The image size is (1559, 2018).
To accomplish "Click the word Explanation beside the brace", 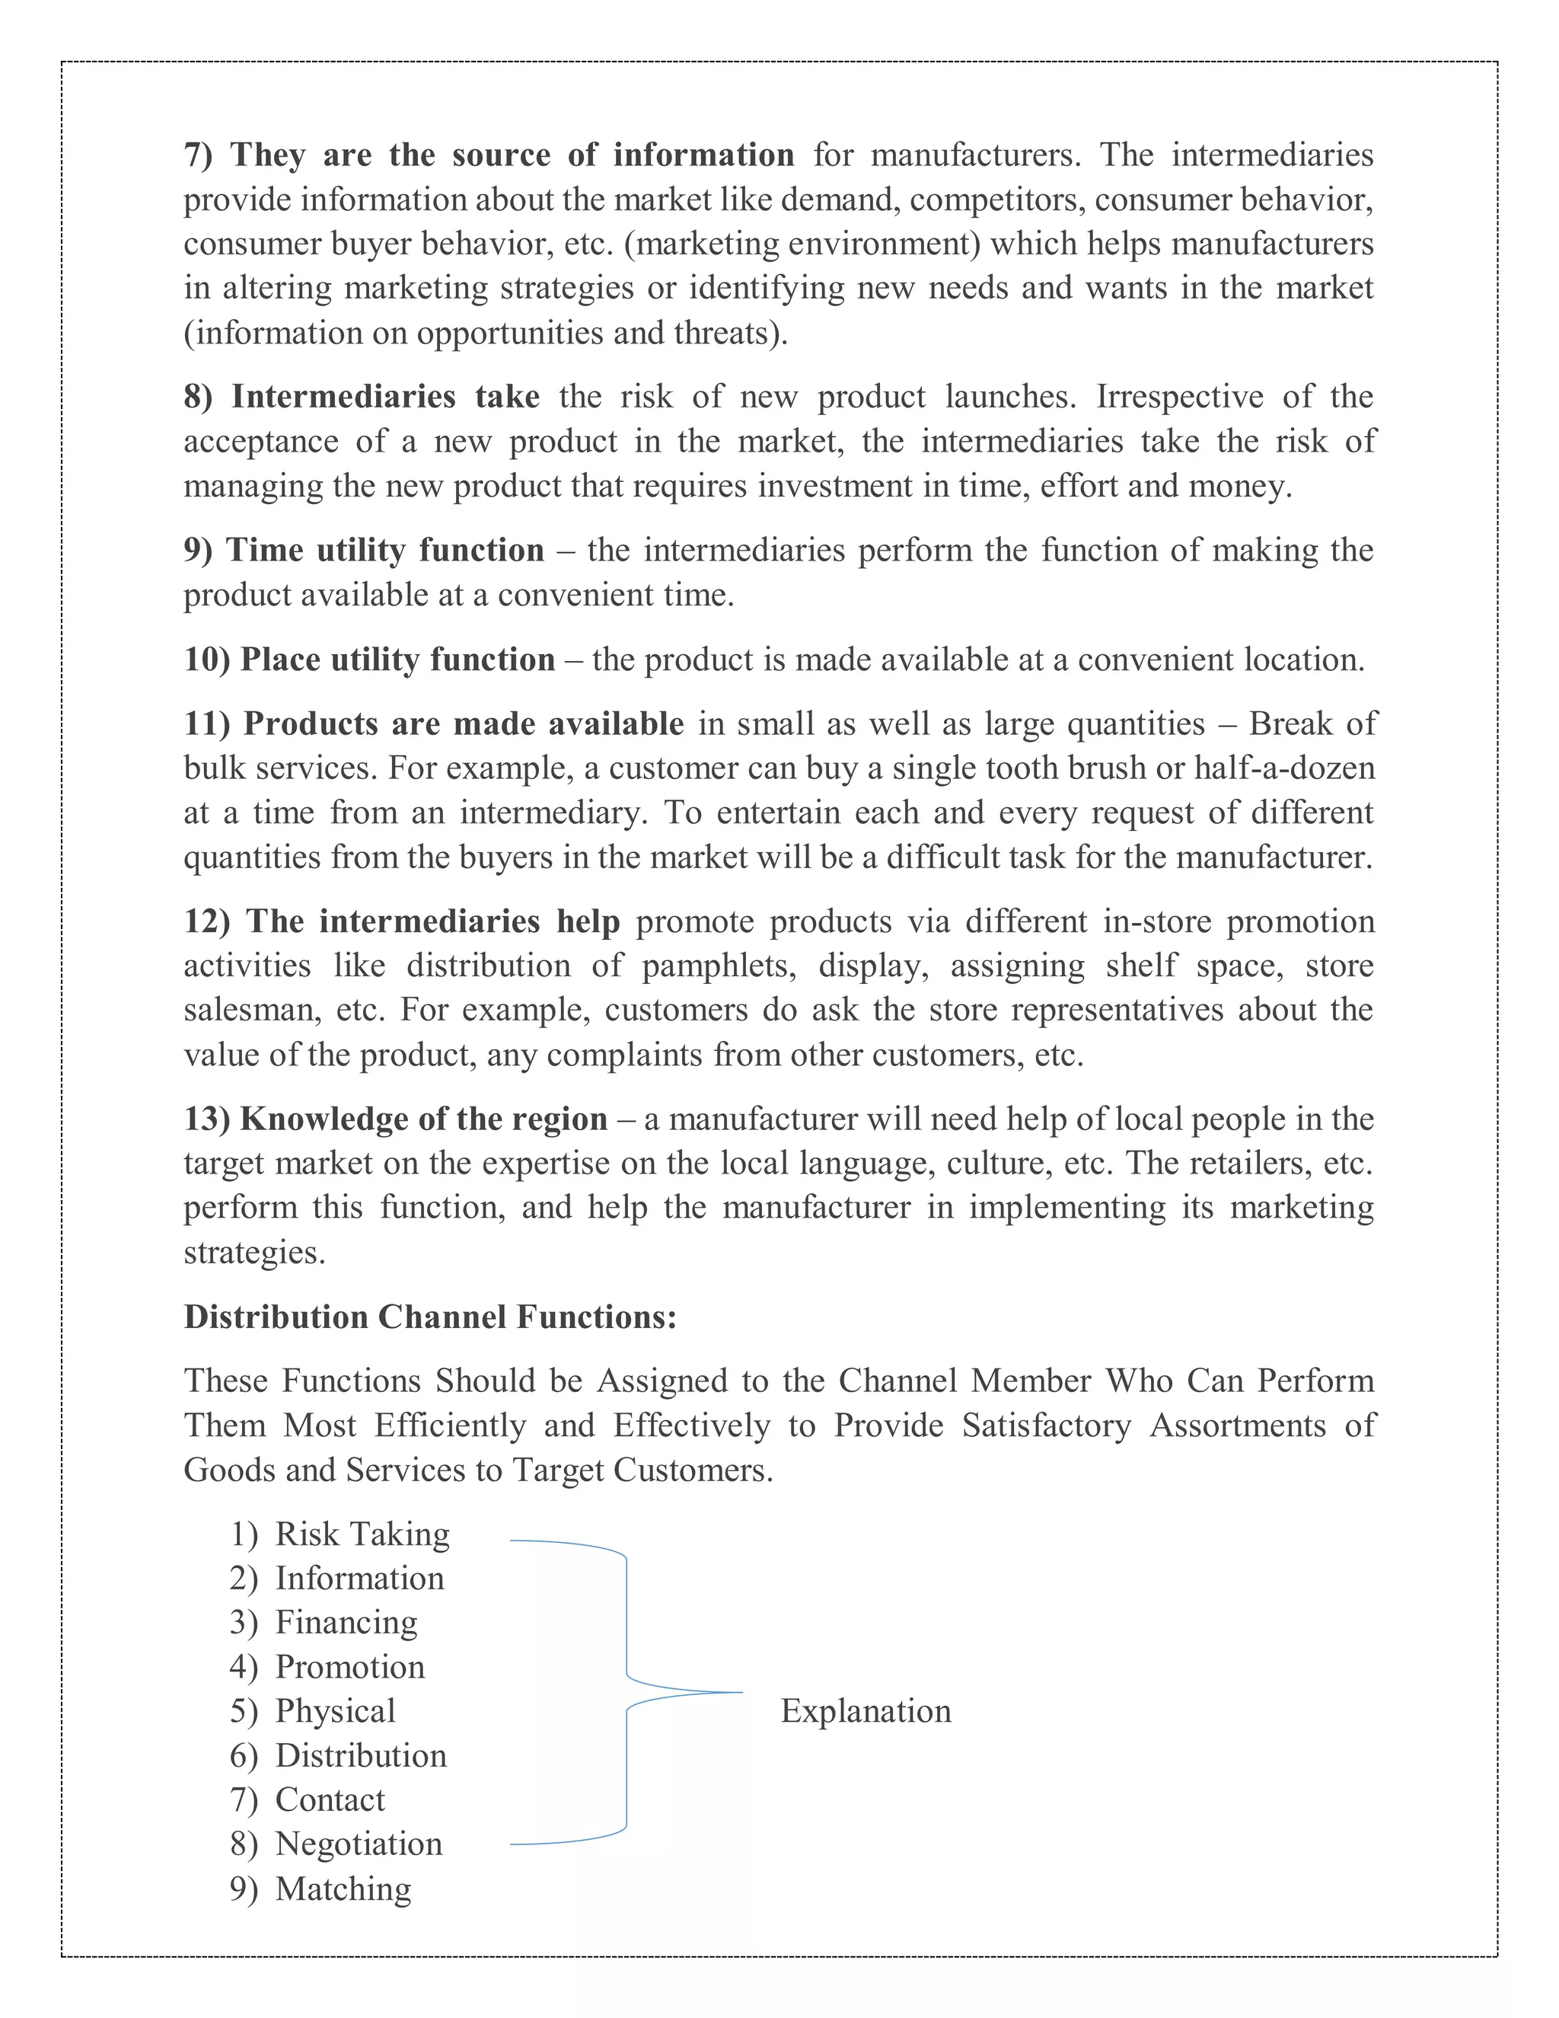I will click(866, 1711).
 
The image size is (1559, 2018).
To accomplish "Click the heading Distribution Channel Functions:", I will click(430, 1317).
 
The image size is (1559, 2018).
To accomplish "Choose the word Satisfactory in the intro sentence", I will click(1045, 1426).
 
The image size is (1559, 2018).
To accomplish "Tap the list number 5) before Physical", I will click(244, 1711).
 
